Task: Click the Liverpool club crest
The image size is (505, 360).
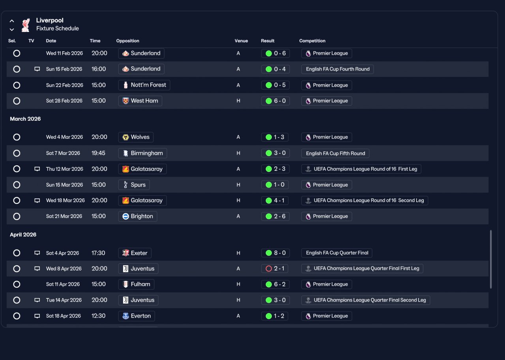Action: [26, 25]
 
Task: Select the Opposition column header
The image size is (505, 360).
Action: [127, 41]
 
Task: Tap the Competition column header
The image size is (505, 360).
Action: [312, 41]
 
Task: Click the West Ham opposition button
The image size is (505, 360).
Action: [140, 101]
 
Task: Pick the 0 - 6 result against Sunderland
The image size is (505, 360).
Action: [275, 53]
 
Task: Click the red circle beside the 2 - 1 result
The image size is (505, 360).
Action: [269, 269]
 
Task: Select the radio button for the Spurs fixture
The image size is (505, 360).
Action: [17, 185]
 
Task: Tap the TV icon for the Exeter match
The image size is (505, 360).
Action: [37, 253]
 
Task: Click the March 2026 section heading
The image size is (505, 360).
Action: [25, 119]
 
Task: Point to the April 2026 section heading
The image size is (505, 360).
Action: [23, 235]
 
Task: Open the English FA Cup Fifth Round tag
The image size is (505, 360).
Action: [335, 153]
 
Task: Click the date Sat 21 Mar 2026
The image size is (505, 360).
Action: [64, 216]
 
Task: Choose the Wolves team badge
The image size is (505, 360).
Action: [125, 137]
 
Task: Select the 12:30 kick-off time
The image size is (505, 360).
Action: [98, 316]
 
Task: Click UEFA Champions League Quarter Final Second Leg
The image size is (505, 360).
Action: [370, 300]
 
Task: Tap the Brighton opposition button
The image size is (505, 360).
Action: [138, 216]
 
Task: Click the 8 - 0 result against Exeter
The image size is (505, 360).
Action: [275, 253]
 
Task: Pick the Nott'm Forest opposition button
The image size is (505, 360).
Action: [144, 85]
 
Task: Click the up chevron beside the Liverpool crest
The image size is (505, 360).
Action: [12, 21]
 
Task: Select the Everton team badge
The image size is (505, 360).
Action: [125, 316]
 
